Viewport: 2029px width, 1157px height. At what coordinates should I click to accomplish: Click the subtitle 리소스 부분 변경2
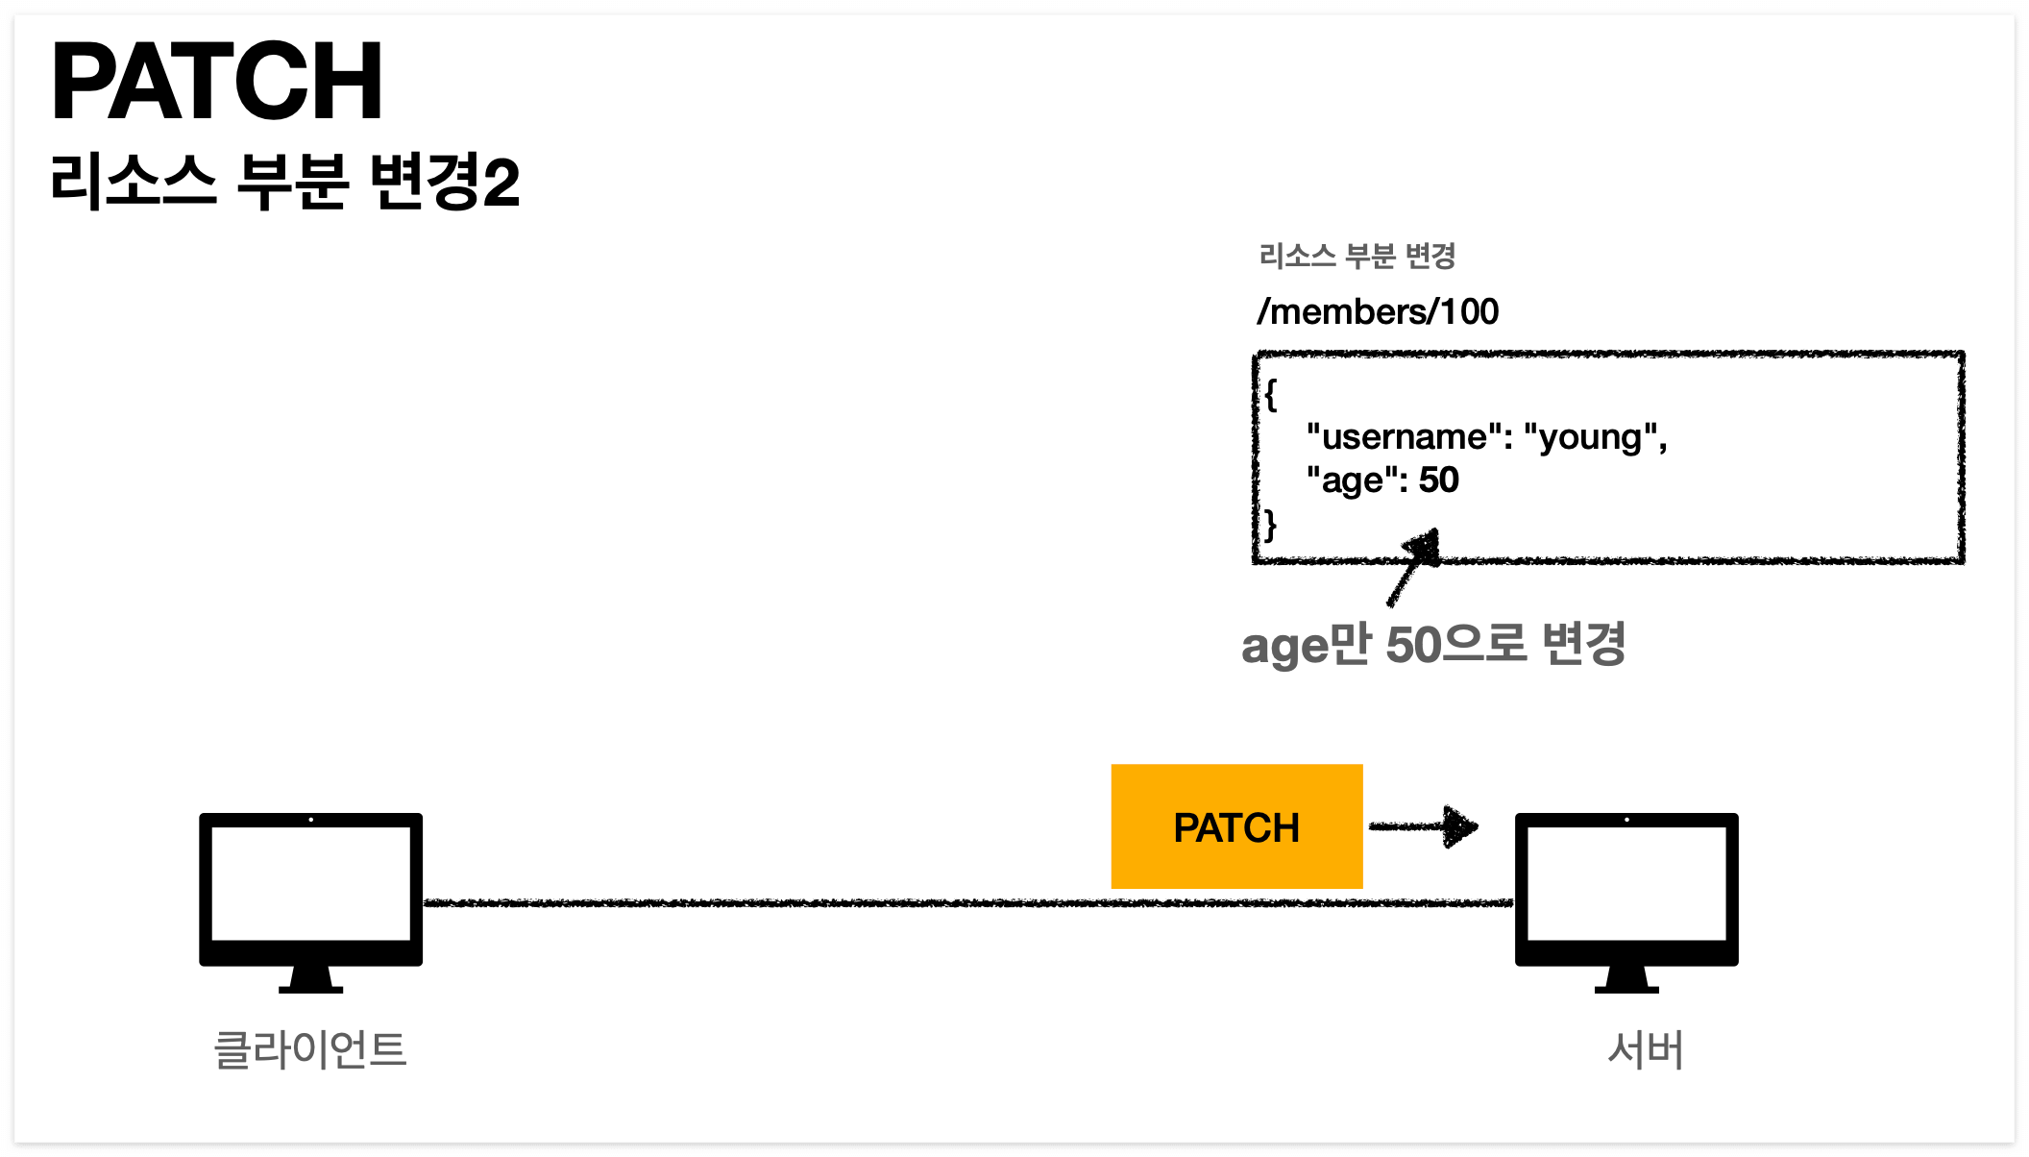click(284, 182)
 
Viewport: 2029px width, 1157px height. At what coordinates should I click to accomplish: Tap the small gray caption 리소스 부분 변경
click(1357, 256)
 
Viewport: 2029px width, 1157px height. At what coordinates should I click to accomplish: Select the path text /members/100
click(1378, 311)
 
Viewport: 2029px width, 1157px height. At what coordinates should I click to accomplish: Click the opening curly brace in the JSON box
click(1271, 394)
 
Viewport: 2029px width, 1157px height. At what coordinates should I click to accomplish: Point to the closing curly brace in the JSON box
click(1271, 525)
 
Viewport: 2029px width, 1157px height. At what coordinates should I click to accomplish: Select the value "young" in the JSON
click(1590, 437)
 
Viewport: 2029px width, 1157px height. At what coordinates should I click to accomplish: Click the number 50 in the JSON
click(1439, 480)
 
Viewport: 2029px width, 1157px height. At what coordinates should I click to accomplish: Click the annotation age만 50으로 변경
click(1432, 644)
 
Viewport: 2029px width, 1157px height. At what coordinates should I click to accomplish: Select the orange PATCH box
click(1236, 826)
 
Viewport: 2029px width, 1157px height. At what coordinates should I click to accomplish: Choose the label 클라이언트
click(310, 1049)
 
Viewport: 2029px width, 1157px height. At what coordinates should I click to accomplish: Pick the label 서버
click(1646, 1049)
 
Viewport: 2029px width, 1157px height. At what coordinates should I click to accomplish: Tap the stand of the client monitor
click(310, 980)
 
